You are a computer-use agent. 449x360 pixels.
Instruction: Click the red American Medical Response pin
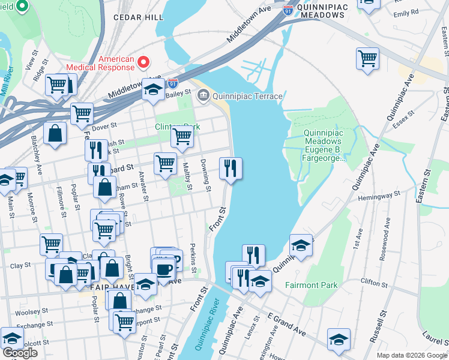(143, 62)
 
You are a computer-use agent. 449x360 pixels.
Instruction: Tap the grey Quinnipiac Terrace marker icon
(203, 95)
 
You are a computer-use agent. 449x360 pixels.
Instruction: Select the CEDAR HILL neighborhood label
(138, 18)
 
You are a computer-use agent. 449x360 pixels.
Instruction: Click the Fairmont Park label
(311, 285)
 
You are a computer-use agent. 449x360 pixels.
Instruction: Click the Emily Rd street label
(406, 13)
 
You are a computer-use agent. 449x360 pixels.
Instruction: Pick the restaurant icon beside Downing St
(231, 169)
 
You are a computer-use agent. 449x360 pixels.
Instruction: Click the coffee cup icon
(163, 268)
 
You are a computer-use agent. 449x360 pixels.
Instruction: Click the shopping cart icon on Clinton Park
(182, 136)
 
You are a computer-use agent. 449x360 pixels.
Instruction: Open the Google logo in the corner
(19, 353)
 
